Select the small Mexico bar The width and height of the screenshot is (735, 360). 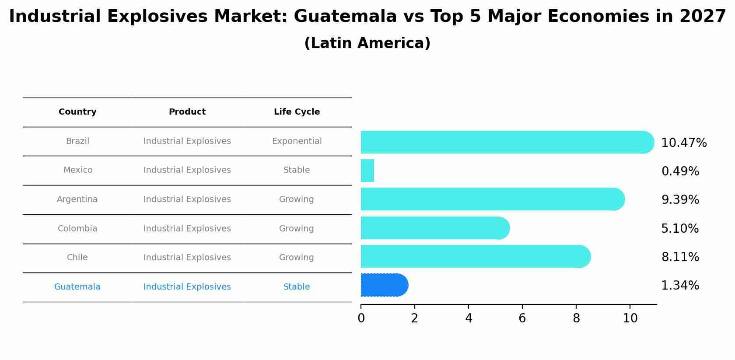click(367, 171)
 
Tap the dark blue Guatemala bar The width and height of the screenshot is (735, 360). click(384, 285)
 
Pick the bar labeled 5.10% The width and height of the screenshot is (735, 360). click(435, 228)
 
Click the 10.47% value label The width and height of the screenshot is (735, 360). click(684, 143)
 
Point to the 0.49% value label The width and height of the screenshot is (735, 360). click(680, 171)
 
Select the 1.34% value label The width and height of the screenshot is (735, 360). click(680, 286)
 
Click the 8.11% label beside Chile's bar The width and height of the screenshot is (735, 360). click(680, 257)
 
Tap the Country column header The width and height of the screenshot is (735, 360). click(77, 112)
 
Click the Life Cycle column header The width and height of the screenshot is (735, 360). click(297, 112)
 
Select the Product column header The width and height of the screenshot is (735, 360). click(187, 112)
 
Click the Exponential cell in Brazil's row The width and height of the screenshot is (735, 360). click(297, 141)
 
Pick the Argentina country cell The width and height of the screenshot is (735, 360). click(77, 199)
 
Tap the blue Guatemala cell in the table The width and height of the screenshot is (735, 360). click(77, 287)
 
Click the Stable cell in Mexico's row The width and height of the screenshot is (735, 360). click(297, 170)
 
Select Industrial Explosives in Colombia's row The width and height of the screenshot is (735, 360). click(187, 229)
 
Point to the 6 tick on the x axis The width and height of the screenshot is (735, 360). click(522, 318)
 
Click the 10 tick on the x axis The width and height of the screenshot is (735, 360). click(630, 318)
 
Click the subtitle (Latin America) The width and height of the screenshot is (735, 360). click(367, 43)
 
